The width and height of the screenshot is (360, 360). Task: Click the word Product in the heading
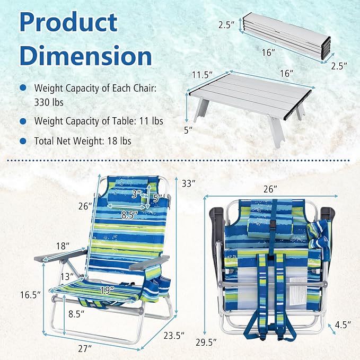click(x=68, y=23)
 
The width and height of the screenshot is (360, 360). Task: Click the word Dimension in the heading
click(x=86, y=55)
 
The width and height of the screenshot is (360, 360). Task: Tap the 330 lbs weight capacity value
click(x=49, y=102)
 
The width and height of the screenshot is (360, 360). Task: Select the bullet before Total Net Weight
click(x=23, y=141)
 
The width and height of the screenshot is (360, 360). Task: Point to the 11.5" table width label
click(x=203, y=75)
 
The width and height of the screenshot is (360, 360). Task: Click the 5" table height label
click(x=188, y=130)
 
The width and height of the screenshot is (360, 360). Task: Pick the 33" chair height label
click(x=189, y=183)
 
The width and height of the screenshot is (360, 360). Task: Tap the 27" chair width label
click(x=85, y=349)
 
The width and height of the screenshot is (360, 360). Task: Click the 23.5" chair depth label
click(x=174, y=336)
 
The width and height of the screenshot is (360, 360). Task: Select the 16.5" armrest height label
click(x=31, y=295)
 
